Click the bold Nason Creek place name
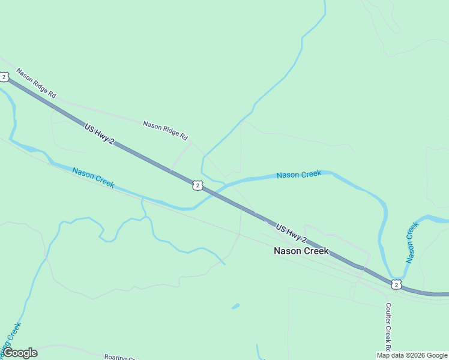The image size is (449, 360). tap(301, 251)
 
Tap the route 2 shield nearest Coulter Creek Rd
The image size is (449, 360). tap(395, 284)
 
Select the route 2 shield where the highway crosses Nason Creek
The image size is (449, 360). tap(197, 185)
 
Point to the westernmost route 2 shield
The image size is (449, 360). tap(4, 77)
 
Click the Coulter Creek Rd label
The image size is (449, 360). tap(388, 327)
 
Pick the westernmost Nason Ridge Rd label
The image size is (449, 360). tap(36, 83)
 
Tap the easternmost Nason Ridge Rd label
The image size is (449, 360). tap(165, 130)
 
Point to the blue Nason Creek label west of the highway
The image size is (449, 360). tap(93, 178)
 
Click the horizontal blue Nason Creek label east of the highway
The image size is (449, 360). tap(299, 175)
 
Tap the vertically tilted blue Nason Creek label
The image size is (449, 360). tap(411, 242)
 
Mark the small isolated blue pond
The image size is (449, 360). tap(235, 307)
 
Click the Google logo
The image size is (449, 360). tap(20, 353)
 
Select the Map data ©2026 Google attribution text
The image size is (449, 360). tap(412, 355)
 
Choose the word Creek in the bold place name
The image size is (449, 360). tap(316, 251)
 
